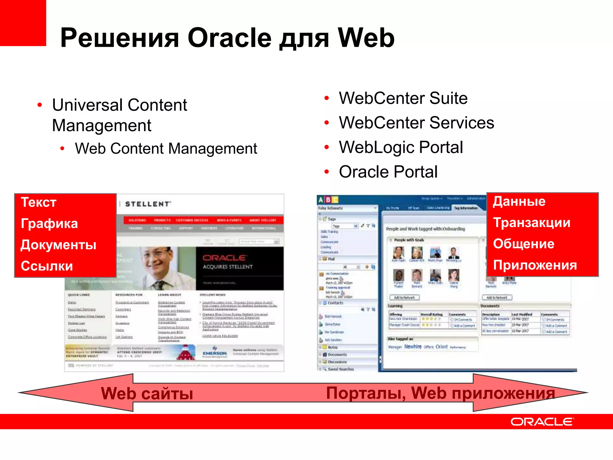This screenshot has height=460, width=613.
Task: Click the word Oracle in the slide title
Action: coord(229,38)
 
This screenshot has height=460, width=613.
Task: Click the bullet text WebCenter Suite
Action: coord(403,98)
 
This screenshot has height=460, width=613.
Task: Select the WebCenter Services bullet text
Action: coord(416,123)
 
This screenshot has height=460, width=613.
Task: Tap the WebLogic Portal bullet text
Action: coord(401,147)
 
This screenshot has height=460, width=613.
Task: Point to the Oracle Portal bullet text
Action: coord(388,172)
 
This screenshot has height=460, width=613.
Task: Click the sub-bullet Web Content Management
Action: coord(166,149)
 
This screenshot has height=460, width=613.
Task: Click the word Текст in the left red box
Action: coord(39,202)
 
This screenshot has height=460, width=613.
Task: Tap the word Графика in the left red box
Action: coord(49,224)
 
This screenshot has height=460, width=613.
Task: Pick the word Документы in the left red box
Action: coord(59,245)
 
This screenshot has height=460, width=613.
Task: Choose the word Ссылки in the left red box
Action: coord(47,266)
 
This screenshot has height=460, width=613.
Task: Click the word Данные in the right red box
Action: coord(519,201)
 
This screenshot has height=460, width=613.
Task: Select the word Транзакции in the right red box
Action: coord(532,223)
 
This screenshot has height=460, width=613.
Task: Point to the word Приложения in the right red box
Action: coord(535,265)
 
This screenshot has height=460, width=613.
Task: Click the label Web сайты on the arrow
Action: coord(147,393)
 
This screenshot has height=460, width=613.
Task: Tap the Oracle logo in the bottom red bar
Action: coord(542,422)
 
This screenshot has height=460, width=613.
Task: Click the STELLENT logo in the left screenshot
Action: coord(148,204)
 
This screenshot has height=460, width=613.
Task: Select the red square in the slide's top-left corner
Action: coord(23,23)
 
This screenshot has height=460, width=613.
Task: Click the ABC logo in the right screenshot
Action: coord(328,200)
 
